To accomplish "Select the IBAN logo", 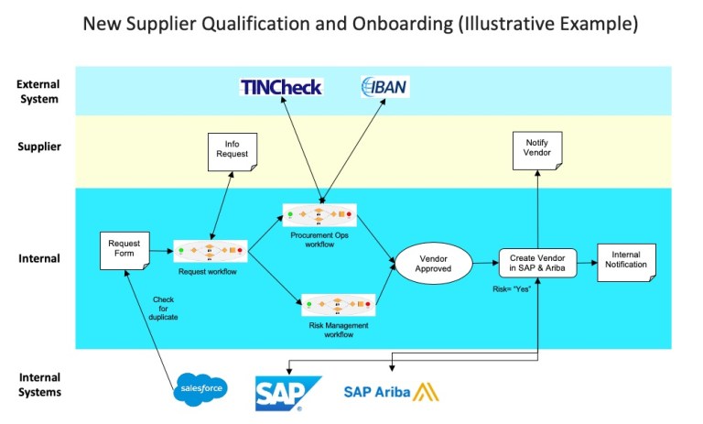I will pos(384,87).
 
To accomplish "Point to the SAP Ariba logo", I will pos(390,392).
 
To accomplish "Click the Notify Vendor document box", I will pos(536,150).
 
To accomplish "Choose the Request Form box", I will pos(124,250).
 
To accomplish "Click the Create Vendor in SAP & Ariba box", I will pos(536,263).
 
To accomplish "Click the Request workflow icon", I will pos(211,249).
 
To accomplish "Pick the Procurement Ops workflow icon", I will pos(319,215).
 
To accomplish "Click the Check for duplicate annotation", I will pos(163,308).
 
